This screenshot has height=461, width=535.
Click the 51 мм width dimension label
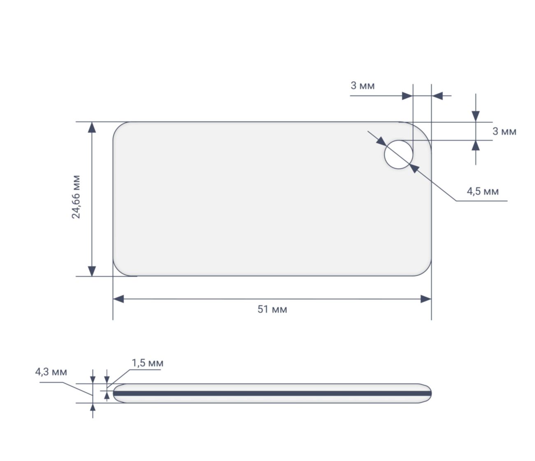[272, 309]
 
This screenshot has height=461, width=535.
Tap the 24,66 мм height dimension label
[77, 197]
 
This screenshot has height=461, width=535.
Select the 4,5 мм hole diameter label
[482, 192]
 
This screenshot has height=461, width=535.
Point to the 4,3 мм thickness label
[51, 372]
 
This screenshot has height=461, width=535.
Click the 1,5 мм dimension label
[147, 363]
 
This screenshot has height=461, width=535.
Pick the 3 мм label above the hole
[363, 86]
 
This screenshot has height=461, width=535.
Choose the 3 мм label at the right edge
[504, 132]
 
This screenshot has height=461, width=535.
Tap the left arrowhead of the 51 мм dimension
[119, 299]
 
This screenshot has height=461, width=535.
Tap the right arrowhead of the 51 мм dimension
[426, 299]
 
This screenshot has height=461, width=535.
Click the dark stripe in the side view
[272, 393]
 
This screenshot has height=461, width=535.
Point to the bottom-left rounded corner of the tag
[120, 269]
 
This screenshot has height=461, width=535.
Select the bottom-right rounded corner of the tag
[424, 269]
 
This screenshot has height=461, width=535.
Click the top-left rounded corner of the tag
[120, 129]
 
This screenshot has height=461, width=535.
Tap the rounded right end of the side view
[428, 393]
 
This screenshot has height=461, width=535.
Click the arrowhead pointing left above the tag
[437, 96]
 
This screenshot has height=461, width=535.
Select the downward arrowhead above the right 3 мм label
[476, 116]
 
